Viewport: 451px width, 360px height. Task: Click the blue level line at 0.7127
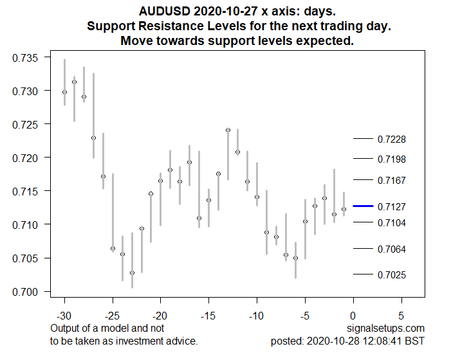coord(363,206)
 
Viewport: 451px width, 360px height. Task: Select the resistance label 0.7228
coord(391,139)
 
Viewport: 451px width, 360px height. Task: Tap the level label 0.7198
coord(391,159)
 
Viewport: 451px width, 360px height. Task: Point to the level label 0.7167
coord(391,181)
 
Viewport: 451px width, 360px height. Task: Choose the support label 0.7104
coord(391,222)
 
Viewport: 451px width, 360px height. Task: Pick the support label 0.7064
coord(391,249)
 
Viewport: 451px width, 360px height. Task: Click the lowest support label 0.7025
coord(391,275)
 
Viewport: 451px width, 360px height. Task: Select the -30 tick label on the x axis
coord(64,316)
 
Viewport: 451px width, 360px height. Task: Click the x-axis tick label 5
coord(401,316)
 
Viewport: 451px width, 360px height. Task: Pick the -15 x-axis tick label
coord(208,316)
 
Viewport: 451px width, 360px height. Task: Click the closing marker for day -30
coord(64,92)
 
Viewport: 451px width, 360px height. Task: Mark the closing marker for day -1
coord(344,209)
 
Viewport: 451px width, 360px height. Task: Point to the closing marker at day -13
coord(228,130)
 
